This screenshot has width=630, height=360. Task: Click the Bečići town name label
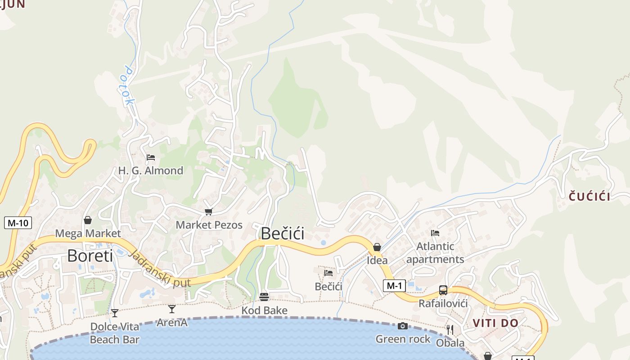pyautogui.click(x=282, y=234)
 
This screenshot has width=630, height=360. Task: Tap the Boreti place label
pyautogui.click(x=90, y=256)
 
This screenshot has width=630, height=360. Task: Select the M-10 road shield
pyautogui.click(x=18, y=222)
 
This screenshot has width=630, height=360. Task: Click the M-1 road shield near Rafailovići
pyautogui.click(x=394, y=285)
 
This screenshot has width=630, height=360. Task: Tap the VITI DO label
pyautogui.click(x=495, y=323)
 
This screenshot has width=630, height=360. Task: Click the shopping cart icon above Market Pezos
pyautogui.click(x=208, y=211)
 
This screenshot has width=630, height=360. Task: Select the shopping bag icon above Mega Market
pyautogui.click(x=88, y=220)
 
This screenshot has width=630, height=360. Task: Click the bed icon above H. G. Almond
pyautogui.click(x=151, y=157)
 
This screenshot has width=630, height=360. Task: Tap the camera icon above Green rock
pyautogui.click(x=403, y=326)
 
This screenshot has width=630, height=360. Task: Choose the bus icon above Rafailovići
pyautogui.click(x=443, y=290)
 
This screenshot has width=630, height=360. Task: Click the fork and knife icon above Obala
pyautogui.click(x=450, y=330)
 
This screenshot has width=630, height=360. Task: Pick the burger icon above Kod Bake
pyautogui.click(x=264, y=297)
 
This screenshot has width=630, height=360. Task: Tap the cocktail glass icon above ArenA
pyautogui.click(x=171, y=309)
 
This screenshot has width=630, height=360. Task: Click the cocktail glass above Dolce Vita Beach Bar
pyautogui.click(x=115, y=313)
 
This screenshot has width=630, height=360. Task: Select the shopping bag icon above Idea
pyautogui.click(x=377, y=247)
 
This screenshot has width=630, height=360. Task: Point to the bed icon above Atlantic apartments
pyautogui.click(x=435, y=233)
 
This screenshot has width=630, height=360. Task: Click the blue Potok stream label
pyautogui.click(x=129, y=86)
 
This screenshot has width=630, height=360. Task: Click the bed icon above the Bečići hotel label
pyautogui.click(x=328, y=273)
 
